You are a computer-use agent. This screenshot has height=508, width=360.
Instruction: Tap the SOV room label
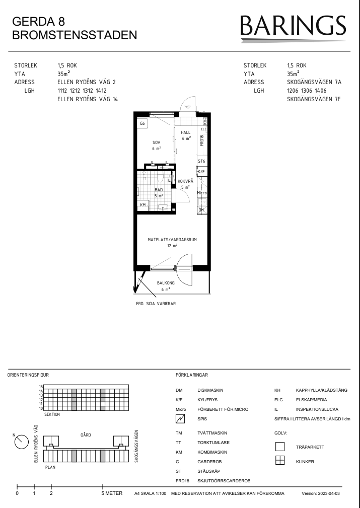pos(156,142)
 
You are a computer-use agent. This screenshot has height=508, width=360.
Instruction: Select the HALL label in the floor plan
pos(186,132)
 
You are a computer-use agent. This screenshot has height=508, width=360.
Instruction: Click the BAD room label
pos(159,190)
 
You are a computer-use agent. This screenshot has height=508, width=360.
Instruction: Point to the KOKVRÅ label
pos(185,181)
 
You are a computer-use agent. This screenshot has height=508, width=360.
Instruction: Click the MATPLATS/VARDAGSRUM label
pos(172,240)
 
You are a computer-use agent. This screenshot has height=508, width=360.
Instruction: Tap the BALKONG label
pos(166,283)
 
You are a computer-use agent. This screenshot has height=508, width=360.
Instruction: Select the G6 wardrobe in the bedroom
pos(142,123)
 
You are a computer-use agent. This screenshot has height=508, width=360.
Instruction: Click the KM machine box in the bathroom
pos(143,205)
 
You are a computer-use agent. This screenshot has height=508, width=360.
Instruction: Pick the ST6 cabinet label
pos(201,161)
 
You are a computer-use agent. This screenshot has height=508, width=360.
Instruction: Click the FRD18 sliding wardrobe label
pos(201,140)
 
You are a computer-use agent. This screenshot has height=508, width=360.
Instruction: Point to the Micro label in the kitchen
pos(201,193)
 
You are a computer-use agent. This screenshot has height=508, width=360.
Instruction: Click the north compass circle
pos(22,442)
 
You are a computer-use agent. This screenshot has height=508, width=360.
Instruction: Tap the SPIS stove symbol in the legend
pos(180,419)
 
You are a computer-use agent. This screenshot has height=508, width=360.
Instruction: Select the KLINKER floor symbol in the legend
pos(279,460)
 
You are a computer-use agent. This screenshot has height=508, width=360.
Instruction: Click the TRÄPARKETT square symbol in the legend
pos(279,447)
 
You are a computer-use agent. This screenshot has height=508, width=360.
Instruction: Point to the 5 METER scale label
pos(112,493)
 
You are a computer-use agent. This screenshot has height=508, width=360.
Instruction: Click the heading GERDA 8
pos(39,21)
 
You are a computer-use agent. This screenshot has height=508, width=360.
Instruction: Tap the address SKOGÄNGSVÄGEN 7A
pos(314,82)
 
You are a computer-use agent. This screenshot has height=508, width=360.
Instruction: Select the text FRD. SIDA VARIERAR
pos(156,304)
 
